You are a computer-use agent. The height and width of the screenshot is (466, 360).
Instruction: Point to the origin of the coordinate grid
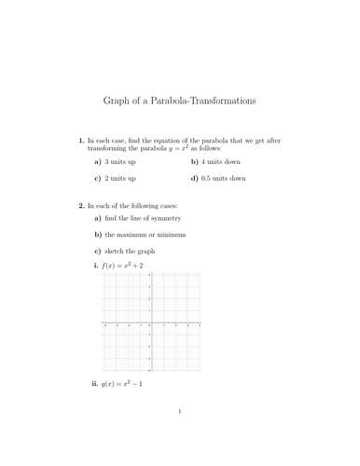click(152, 322)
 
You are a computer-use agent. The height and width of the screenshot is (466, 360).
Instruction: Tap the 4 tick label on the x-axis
click(201, 325)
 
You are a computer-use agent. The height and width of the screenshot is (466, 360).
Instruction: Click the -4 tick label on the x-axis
click(104, 325)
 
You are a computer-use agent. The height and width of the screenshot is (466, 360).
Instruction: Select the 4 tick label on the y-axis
click(149, 274)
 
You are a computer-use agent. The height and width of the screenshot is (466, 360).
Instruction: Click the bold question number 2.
click(81, 204)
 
